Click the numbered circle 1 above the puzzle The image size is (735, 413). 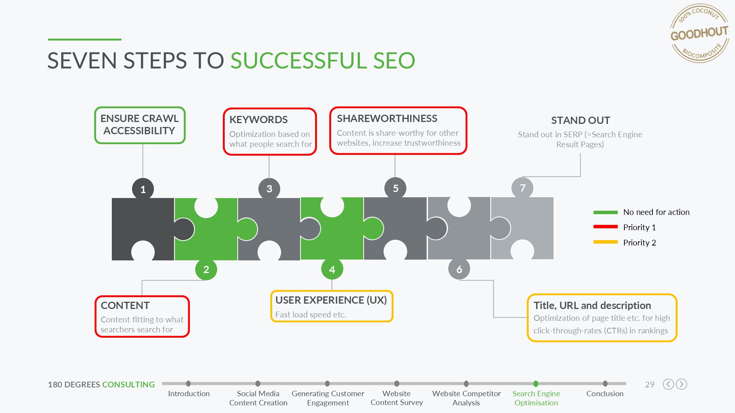coord(143,189)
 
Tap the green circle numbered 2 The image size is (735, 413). coord(206,269)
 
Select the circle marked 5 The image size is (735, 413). coord(395,188)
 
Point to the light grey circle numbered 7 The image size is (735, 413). coord(523,188)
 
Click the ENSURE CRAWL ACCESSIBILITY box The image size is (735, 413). coord(140,125)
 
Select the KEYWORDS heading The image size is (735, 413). coord(258,120)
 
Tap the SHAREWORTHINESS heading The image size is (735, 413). coord(387,119)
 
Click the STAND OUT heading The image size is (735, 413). coord(580,120)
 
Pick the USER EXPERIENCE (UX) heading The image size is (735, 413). coord(331,300)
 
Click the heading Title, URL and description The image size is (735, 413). coord(592,306)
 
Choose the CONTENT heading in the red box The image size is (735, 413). coord(125,306)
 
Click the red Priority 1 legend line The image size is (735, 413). coord(606,227)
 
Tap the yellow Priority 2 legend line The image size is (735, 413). coord(606,242)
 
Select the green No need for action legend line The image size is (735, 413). coord(606,212)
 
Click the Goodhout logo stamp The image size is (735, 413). coord(699,33)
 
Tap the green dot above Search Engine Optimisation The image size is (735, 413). coord(536,384)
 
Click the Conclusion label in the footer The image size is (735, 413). coord(605,393)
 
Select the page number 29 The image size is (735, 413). coord(650,384)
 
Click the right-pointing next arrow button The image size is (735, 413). coord(681,384)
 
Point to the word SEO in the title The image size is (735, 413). coord(394,60)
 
